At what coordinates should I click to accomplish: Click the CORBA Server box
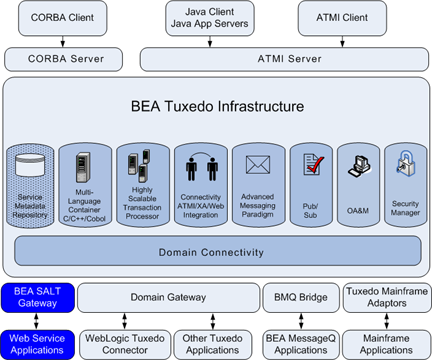pos(63,59)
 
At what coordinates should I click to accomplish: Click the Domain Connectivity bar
pos(217,249)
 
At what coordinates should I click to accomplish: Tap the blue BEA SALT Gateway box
pos(35,297)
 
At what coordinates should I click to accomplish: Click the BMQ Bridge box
pos(298,297)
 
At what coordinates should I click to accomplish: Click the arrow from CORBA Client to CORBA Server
pos(63,40)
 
